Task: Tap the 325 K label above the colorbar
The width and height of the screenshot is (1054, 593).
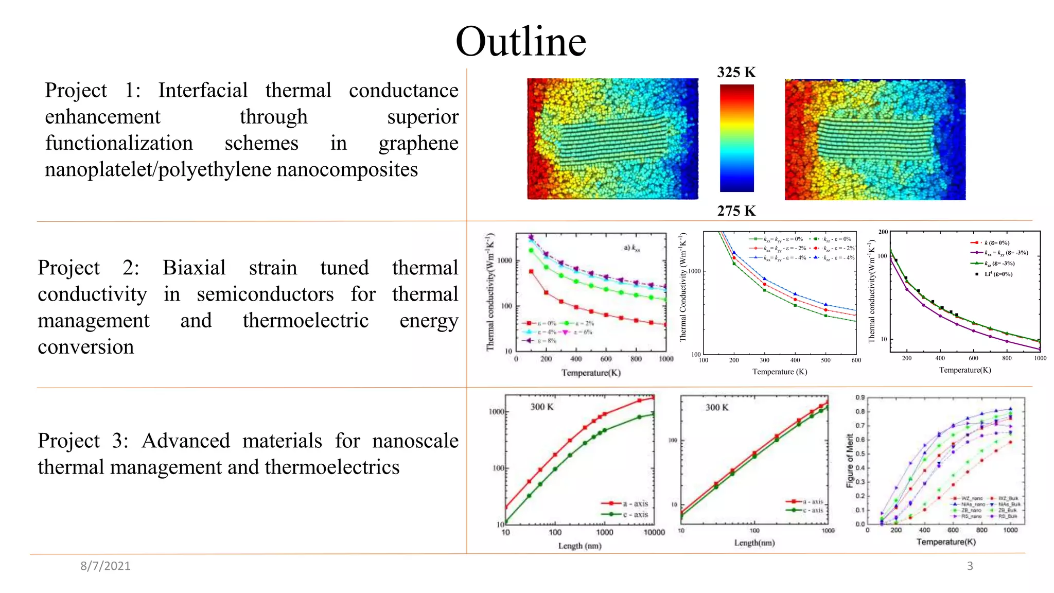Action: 736,72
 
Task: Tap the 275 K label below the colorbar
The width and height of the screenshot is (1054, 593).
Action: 736,211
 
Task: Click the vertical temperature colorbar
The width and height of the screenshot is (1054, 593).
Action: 736,138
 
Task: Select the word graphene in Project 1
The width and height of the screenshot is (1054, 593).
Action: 418,144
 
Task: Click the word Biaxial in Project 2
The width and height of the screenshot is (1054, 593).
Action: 194,268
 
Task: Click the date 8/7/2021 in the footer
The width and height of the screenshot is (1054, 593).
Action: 106,566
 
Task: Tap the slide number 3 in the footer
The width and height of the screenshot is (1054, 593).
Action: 970,566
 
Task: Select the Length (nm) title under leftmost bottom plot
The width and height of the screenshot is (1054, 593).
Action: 579,546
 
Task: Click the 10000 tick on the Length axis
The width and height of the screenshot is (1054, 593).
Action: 654,532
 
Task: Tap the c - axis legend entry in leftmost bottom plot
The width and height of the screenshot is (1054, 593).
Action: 635,514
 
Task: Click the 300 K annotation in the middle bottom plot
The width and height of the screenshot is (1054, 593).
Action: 717,407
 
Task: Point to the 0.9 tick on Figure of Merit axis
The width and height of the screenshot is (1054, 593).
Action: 860,397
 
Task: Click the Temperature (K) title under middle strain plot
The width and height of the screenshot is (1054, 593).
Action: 779,372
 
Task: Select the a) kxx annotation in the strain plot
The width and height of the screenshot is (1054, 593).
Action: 632,248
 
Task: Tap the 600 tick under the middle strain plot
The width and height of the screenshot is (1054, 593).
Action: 856,360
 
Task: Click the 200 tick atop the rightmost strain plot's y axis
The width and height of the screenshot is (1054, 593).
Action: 883,232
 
